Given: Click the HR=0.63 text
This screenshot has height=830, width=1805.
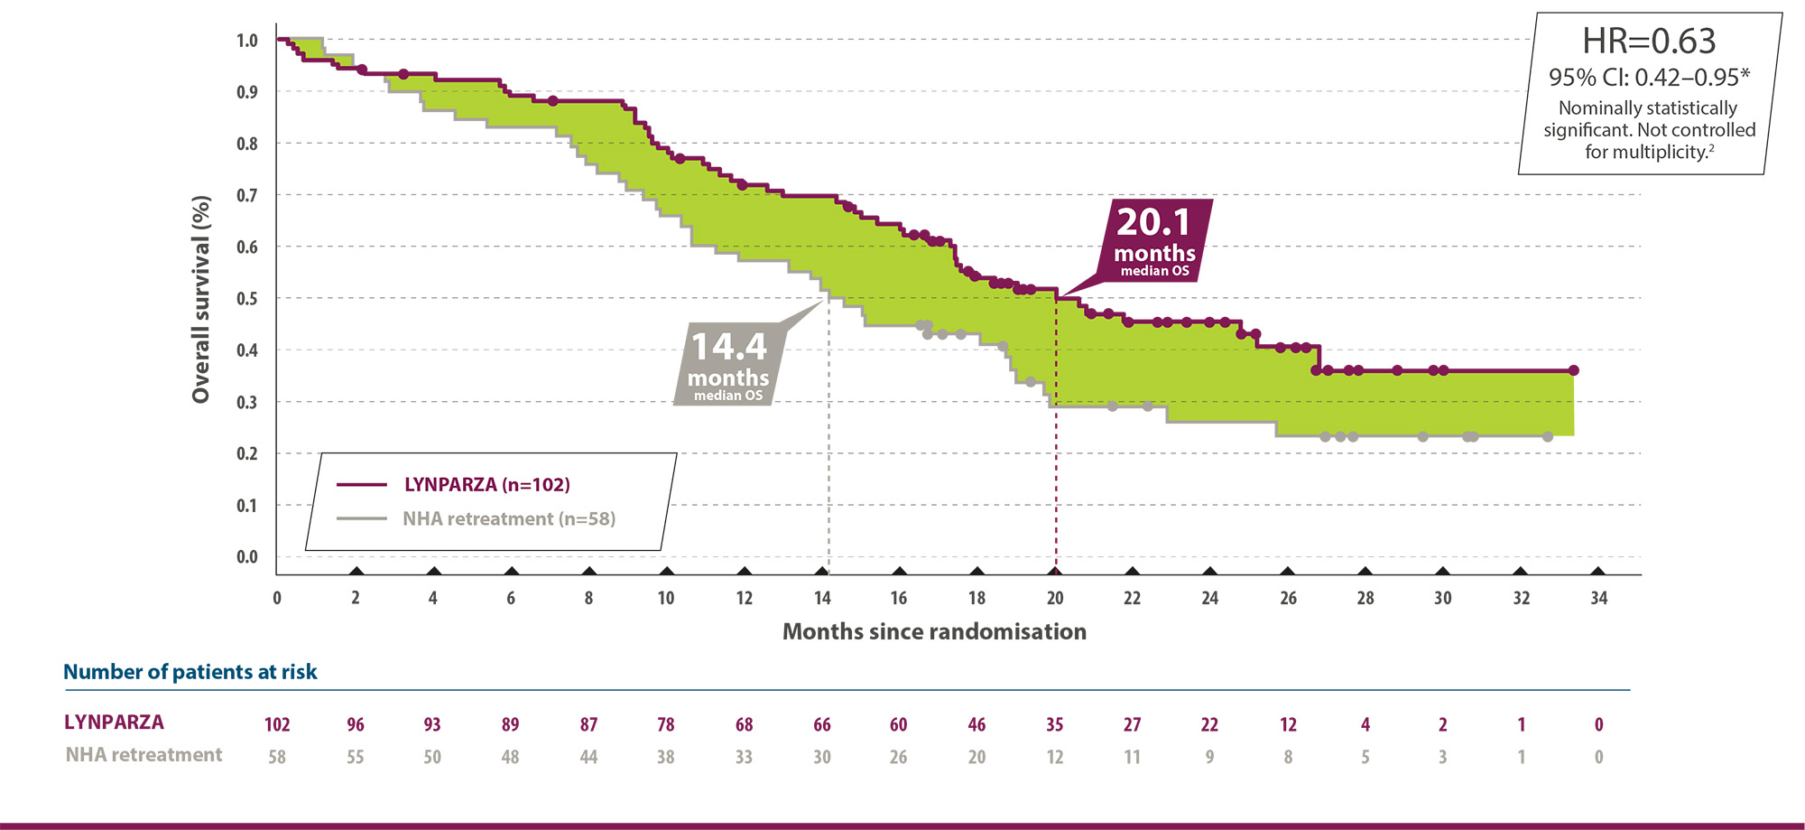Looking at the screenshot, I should point(1649,42).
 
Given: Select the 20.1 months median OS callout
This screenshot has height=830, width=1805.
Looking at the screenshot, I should point(1154,240).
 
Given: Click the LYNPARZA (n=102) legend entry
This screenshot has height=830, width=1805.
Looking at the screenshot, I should point(486,485).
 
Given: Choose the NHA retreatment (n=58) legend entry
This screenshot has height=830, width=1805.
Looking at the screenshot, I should point(509,519).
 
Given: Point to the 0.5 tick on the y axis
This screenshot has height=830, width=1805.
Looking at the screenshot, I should point(247,299).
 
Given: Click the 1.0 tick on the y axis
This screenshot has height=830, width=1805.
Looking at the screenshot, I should point(247,41).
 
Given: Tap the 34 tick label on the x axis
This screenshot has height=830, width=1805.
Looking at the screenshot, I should point(1598,598).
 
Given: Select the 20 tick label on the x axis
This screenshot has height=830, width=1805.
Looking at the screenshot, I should point(1055,598).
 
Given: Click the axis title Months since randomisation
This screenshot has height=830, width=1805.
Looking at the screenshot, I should point(934,632).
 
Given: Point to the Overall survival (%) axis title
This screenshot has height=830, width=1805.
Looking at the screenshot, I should point(201,299).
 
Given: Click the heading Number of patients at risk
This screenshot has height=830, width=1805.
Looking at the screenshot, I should point(190,672).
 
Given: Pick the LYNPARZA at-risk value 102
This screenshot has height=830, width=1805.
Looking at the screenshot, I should point(277,724).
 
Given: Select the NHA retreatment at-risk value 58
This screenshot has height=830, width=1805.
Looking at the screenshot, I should point(277,757).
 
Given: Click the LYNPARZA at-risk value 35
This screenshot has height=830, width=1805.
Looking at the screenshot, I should point(1055,724).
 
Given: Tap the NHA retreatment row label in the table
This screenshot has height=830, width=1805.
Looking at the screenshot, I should point(143,755).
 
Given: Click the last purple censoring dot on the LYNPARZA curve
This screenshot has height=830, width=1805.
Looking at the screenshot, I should point(1573,370).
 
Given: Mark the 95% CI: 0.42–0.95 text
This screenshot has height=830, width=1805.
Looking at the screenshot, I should point(1649,78).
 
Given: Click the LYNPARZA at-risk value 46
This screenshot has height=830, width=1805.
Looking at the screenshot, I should point(977,724).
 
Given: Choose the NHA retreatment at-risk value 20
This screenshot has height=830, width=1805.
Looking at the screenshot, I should point(977,757).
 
